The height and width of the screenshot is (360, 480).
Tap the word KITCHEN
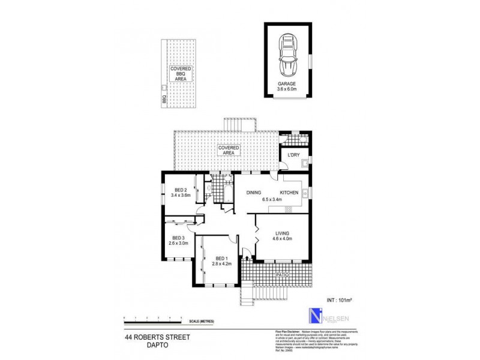click(x=289, y=193)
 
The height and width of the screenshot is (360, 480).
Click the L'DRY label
click(x=293, y=155)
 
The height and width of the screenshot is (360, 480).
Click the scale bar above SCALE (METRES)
click(x=152, y=317)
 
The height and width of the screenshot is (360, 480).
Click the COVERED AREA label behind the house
click(x=229, y=150)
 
